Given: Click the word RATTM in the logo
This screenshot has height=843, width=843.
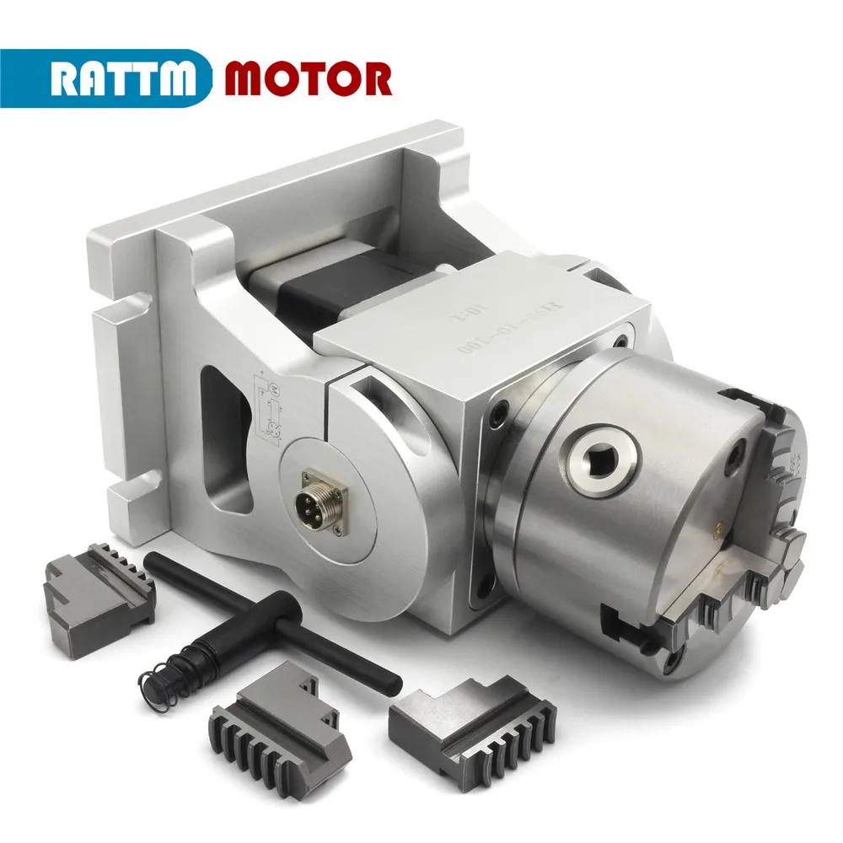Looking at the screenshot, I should coord(125,78).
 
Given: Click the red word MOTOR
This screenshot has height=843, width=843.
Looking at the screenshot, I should coord(308,78).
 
